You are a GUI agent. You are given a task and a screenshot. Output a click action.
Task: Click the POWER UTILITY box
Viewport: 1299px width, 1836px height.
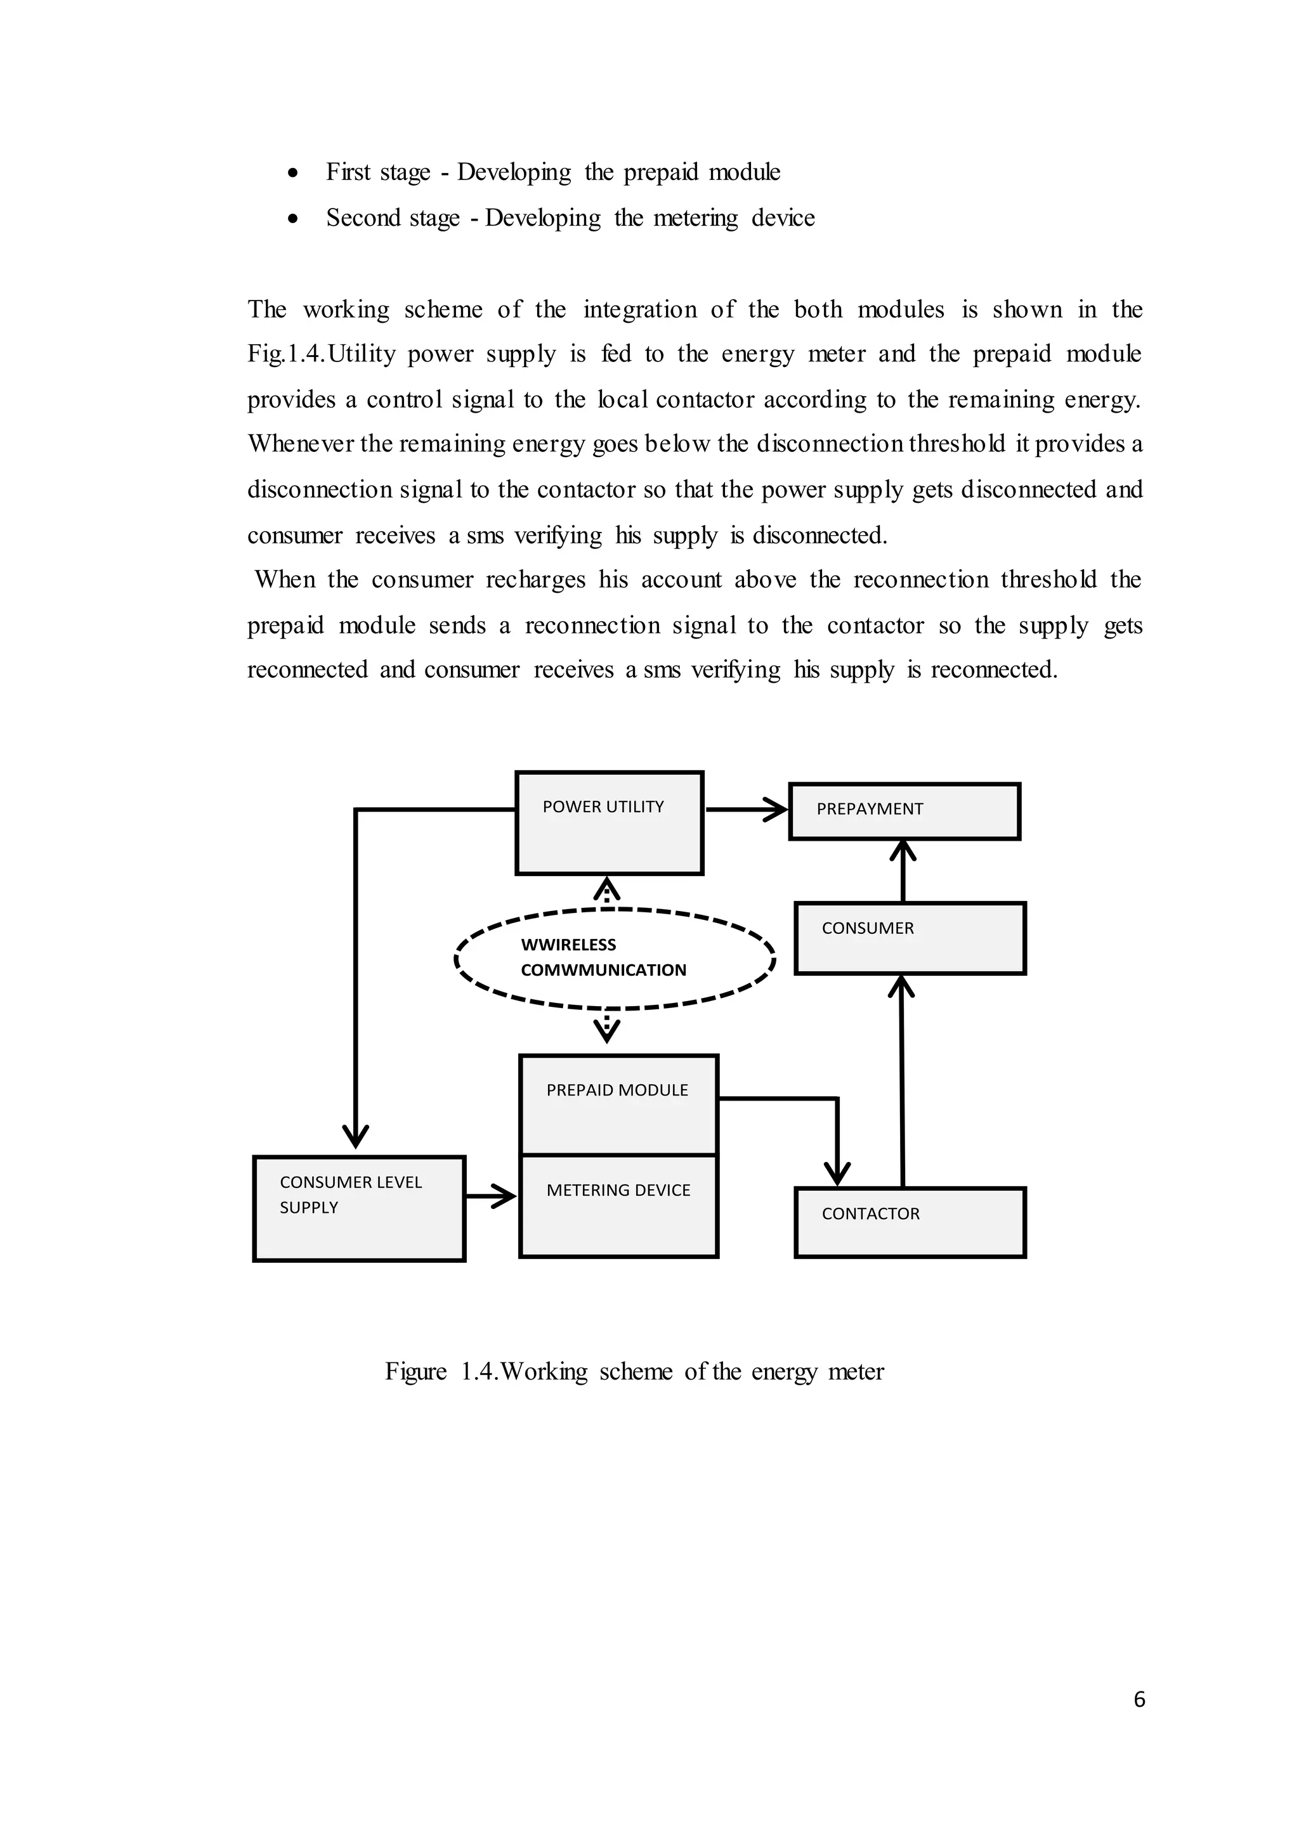[609, 823]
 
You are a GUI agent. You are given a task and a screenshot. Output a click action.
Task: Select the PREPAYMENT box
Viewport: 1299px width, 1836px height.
[904, 811]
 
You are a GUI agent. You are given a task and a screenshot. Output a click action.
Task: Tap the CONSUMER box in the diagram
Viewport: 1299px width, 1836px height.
[910, 938]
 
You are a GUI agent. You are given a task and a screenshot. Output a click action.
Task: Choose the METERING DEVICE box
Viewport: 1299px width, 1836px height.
[618, 1206]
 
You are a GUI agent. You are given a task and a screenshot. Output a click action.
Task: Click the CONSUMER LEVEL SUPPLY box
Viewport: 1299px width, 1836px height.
[359, 1208]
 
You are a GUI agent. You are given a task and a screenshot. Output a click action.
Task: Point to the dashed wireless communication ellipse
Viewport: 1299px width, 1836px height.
[615, 959]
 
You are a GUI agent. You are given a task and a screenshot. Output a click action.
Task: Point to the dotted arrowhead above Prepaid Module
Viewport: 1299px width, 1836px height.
[607, 1031]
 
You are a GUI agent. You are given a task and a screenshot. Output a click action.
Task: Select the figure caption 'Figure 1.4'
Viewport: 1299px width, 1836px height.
[634, 1371]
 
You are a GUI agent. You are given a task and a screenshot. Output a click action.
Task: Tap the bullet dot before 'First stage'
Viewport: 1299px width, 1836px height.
[294, 172]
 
